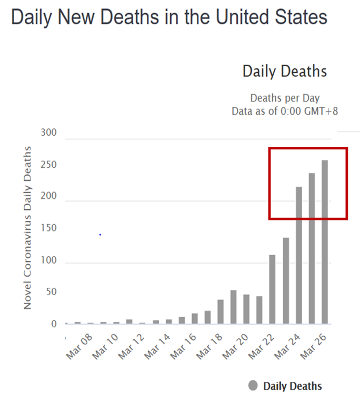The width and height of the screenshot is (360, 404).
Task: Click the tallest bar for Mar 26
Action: tap(325, 242)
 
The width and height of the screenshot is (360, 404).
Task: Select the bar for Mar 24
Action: tap(299, 256)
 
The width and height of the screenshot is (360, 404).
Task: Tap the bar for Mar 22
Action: tap(273, 289)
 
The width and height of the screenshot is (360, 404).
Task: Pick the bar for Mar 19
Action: tap(233, 307)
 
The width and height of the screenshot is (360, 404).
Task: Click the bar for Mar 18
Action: tap(221, 312)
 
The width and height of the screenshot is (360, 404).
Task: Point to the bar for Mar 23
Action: tap(286, 281)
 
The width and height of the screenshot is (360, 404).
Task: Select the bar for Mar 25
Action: tap(312, 248)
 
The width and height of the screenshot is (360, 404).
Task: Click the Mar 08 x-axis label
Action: tap(79, 348)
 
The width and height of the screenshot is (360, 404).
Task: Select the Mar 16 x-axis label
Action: tap(184, 348)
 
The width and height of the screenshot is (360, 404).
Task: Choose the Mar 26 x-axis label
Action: tap(314, 348)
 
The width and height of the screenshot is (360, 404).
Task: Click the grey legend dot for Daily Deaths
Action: tap(253, 386)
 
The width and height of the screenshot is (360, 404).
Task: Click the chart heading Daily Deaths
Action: tap(284, 72)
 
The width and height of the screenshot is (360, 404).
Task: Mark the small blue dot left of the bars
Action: tap(99, 234)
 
